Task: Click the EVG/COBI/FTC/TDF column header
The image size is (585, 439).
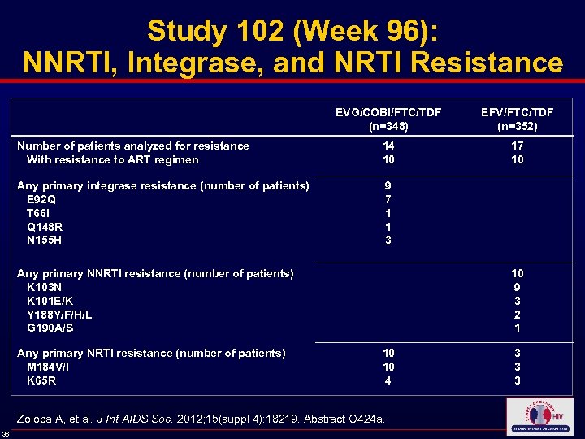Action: coord(388,119)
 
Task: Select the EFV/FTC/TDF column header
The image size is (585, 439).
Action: coord(518,119)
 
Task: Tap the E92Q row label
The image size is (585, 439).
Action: coord(41,199)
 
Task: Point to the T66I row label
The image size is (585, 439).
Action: coord(39,213)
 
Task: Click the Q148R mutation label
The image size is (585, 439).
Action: coord(44,227)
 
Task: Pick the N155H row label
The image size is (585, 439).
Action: coord(44,241)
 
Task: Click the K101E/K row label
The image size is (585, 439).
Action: coord(50,301)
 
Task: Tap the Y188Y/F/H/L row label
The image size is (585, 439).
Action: coord(59,315)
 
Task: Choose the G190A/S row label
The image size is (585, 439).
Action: coord(50,328)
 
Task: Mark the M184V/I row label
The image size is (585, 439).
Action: coord(50,367)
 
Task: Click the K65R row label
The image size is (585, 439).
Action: coord(41,380)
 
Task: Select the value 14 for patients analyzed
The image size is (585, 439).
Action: coord(388,146)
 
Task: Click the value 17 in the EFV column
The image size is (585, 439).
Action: coord(518,146)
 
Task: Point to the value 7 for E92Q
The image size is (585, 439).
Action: coord(388,199)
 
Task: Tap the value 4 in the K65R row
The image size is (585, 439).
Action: coord(388,380)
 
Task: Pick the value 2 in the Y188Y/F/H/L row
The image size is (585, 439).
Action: coord(518,315)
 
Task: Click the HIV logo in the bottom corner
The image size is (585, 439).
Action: coord(539,416)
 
